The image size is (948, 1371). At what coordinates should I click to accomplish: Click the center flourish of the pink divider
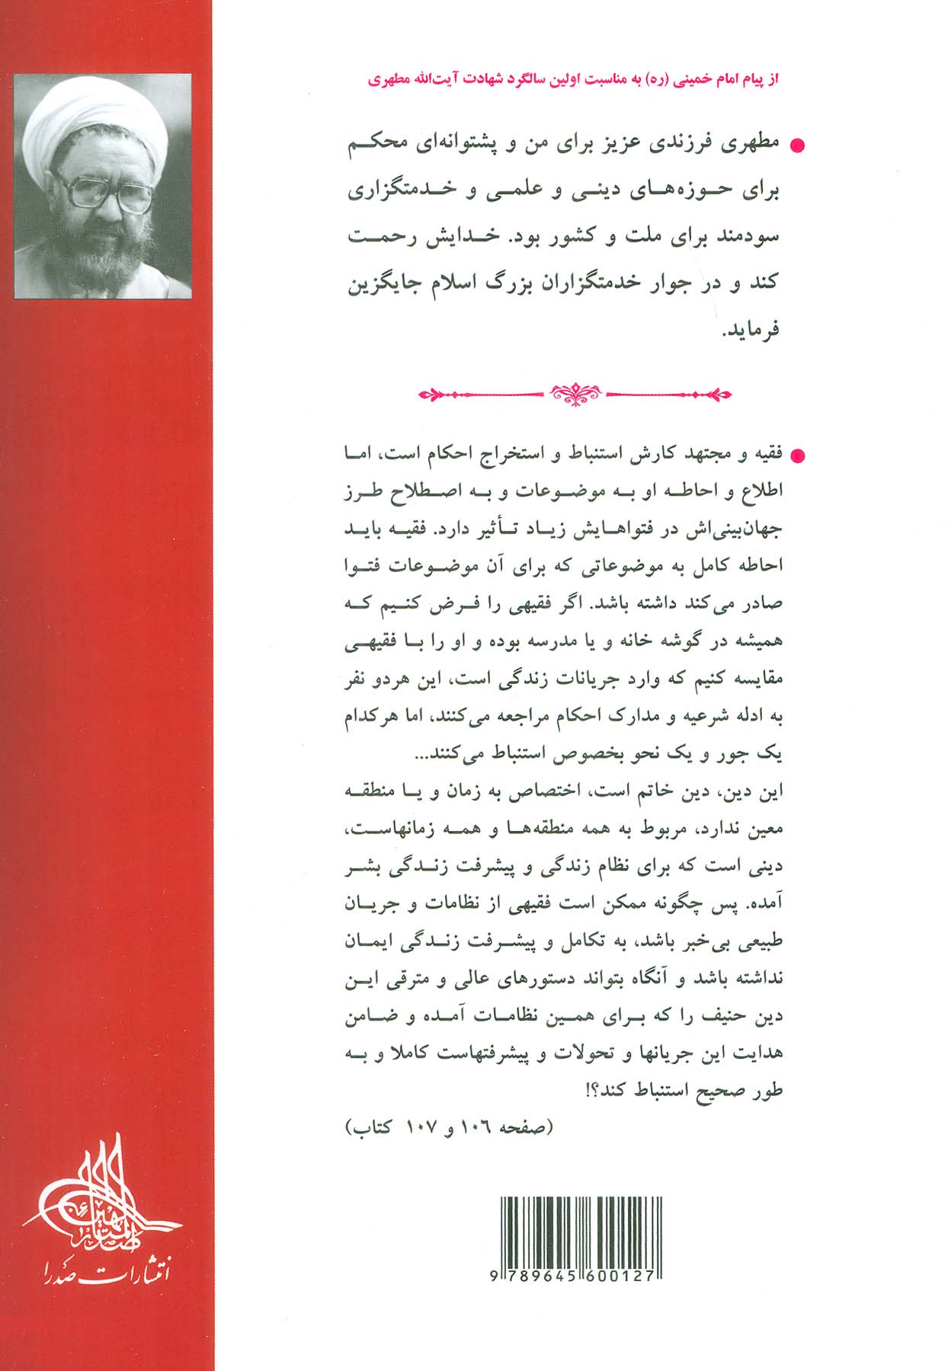pos(576,393)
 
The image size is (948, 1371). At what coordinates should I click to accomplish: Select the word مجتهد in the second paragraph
pos(697,455)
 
